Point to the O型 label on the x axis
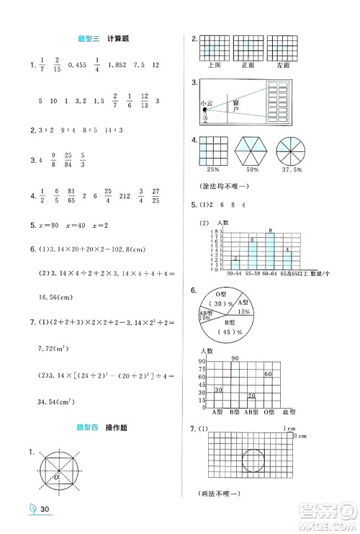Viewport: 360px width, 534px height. pyautogui.click(x=268, y=411)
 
